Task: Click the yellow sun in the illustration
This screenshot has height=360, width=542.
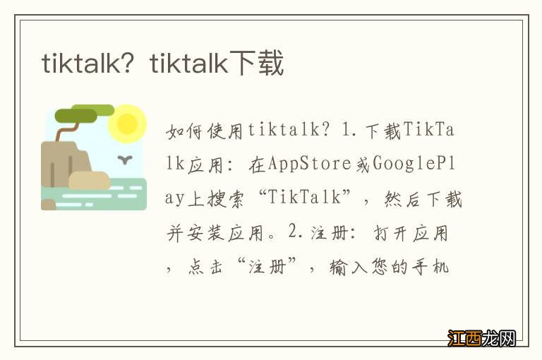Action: click(127, 123)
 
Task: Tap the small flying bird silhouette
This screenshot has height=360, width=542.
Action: click(126, 160)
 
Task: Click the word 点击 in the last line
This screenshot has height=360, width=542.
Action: click(205, 267)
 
